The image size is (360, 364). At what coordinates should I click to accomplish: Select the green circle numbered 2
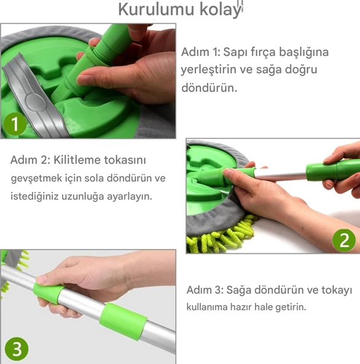343,239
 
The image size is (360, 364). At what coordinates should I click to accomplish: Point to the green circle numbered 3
17,349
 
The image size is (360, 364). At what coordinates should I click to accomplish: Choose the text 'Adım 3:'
205,290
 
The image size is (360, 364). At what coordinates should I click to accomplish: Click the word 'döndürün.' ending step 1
209,87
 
